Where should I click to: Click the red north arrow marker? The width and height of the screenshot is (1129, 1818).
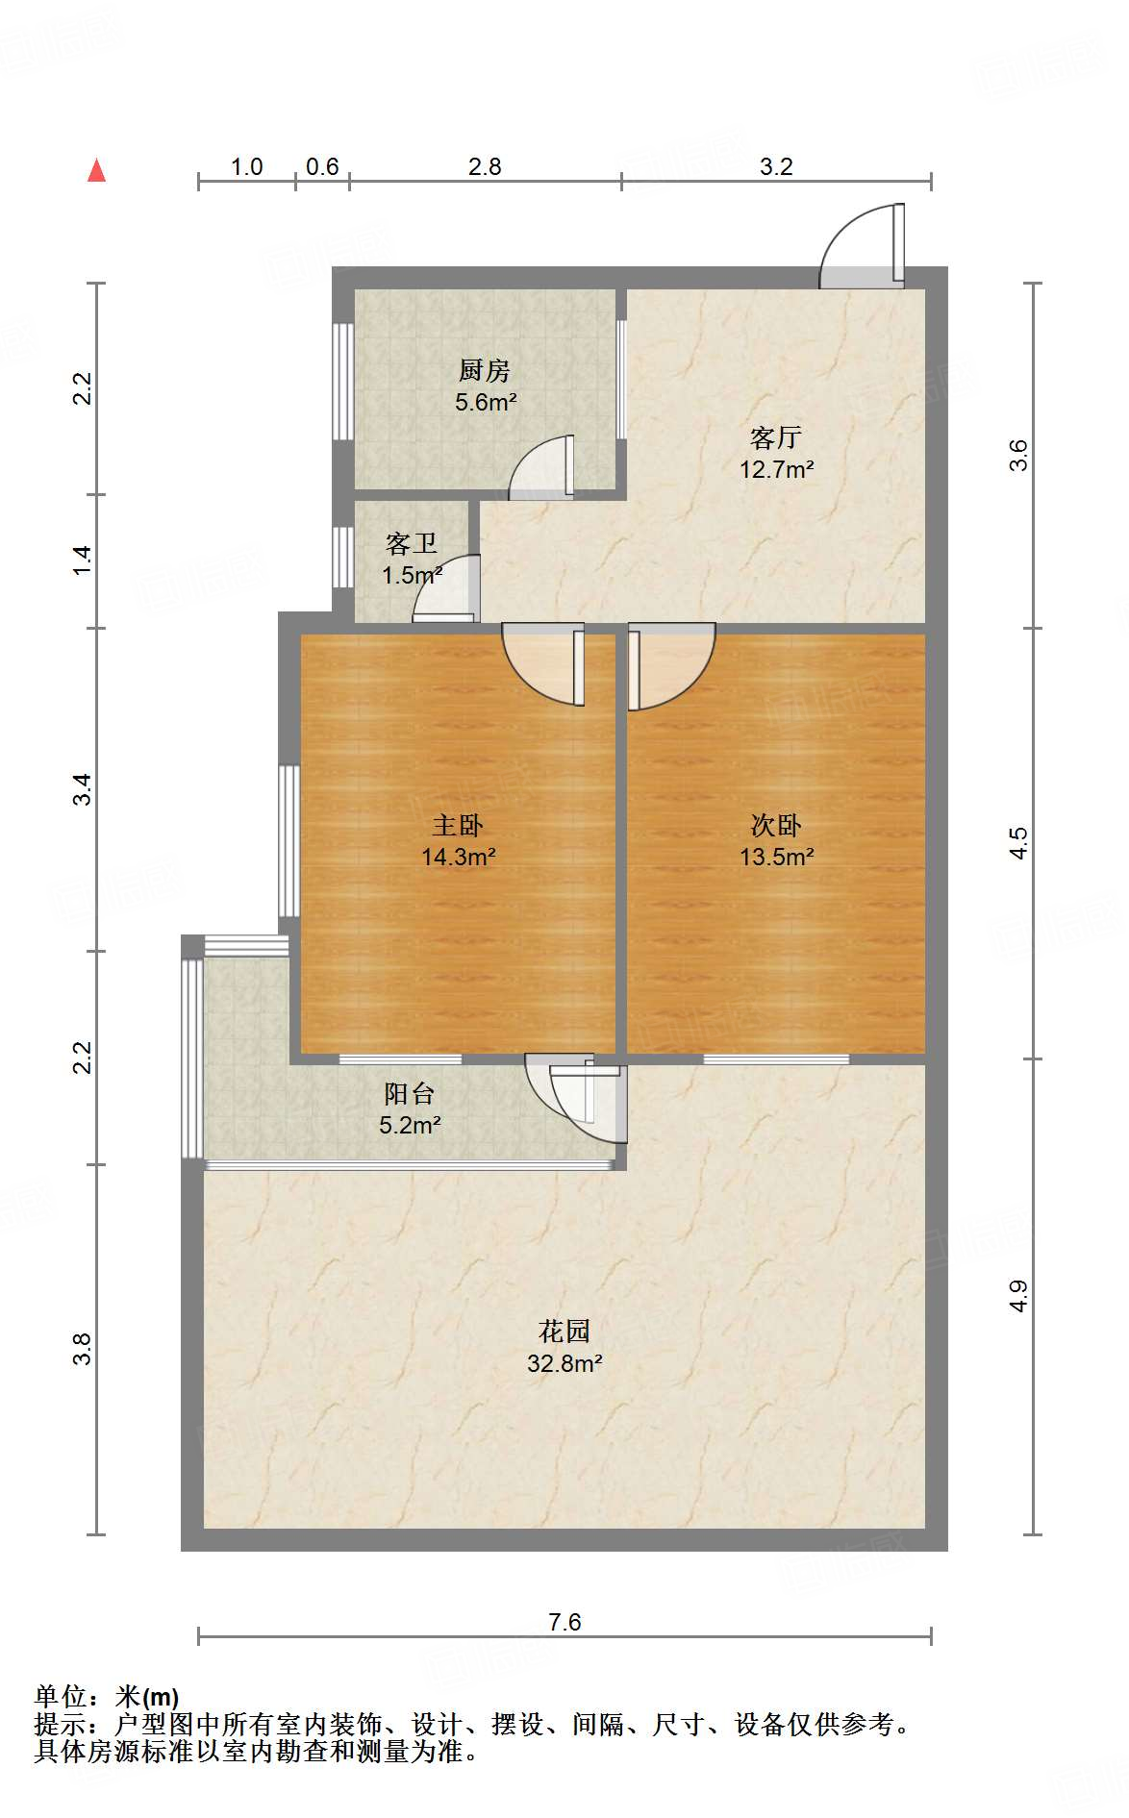tap(97, 170)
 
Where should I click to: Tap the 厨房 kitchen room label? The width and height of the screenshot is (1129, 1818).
tap(484, 370)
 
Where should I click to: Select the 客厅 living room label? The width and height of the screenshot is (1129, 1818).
tap(776, 437)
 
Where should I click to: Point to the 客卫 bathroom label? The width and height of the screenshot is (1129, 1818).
tap(412, 543)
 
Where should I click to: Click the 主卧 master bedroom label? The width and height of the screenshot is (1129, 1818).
tap(458, 825)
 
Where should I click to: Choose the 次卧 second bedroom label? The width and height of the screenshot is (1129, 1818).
tap(776, 825)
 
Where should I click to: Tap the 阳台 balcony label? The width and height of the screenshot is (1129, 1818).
tap(410, 1093)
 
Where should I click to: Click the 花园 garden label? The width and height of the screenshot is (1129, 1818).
tap(564, 1332)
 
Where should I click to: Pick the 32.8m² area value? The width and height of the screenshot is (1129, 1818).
tap(564, 1363)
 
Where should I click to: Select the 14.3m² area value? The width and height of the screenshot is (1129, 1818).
tap(459, 857)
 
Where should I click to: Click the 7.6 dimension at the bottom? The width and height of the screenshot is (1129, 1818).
tap(564, 1622)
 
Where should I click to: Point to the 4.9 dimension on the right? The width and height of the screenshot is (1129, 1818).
tap(1018, 1296)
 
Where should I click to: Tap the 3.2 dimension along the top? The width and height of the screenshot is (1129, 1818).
tap(776, 166)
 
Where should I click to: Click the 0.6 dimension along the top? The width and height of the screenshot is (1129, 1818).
tap(322, 166)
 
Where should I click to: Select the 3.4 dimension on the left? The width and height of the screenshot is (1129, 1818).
tap(83, 789)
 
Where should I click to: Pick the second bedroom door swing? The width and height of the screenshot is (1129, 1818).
tap(672, 667)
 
